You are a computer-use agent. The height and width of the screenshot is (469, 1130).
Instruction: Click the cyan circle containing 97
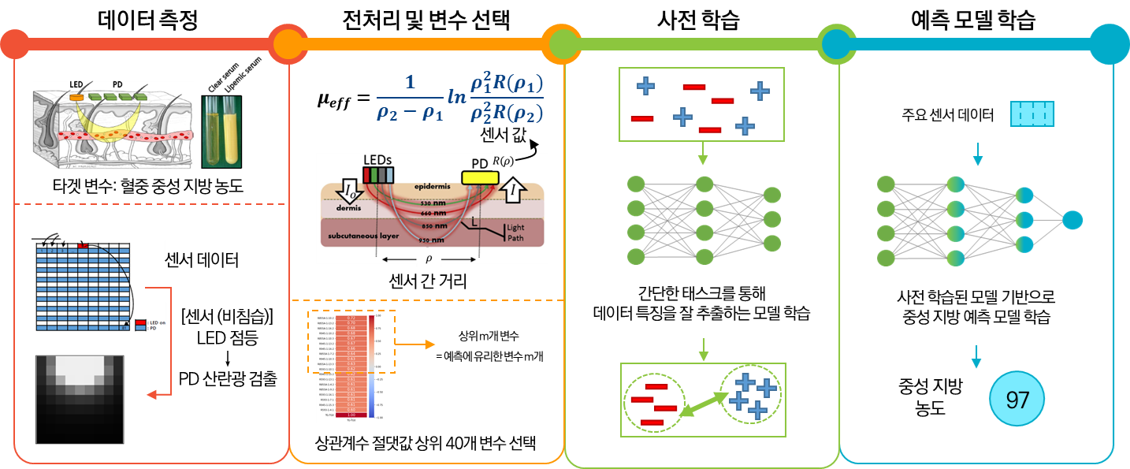[x=1017, y=400]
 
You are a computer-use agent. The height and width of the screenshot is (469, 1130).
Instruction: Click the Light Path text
[x=516, y=232]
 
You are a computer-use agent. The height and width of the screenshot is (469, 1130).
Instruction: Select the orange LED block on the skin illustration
[x=76, y=96]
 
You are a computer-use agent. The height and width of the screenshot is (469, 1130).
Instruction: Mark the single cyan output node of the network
[x=1072, y=220]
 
